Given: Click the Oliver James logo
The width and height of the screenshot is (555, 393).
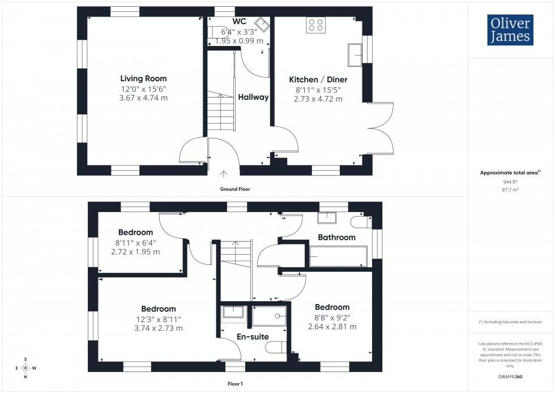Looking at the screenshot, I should (510, 30).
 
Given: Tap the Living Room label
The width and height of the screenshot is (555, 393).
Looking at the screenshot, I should (143, 78).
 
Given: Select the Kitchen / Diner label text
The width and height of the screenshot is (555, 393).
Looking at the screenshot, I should (318, 79).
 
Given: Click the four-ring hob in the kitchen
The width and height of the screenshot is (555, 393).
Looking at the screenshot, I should (315, 25).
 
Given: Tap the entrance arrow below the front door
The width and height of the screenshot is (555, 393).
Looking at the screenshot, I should (224, 174).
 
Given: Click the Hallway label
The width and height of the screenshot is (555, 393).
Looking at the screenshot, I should (253, 97).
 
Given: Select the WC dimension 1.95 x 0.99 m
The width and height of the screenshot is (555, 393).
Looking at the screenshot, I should (242, 41).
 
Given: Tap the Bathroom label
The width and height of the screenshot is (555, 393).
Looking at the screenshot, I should (336, 237).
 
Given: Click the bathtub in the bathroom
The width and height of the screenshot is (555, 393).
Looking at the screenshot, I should (338, 256).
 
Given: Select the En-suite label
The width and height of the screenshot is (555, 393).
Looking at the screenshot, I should (253, 337).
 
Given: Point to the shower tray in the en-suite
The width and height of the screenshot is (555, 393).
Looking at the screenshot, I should (269, 316).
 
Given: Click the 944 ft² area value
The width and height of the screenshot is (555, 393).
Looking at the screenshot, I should (511, 182).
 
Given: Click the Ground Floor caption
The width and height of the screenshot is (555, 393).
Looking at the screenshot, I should (235, 189).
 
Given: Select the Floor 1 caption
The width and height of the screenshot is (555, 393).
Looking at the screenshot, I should (234, 384).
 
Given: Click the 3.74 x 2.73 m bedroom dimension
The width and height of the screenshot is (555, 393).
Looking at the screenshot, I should (155, 328).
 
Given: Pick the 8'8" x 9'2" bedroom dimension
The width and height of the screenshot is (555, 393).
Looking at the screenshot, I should (332, 318).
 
